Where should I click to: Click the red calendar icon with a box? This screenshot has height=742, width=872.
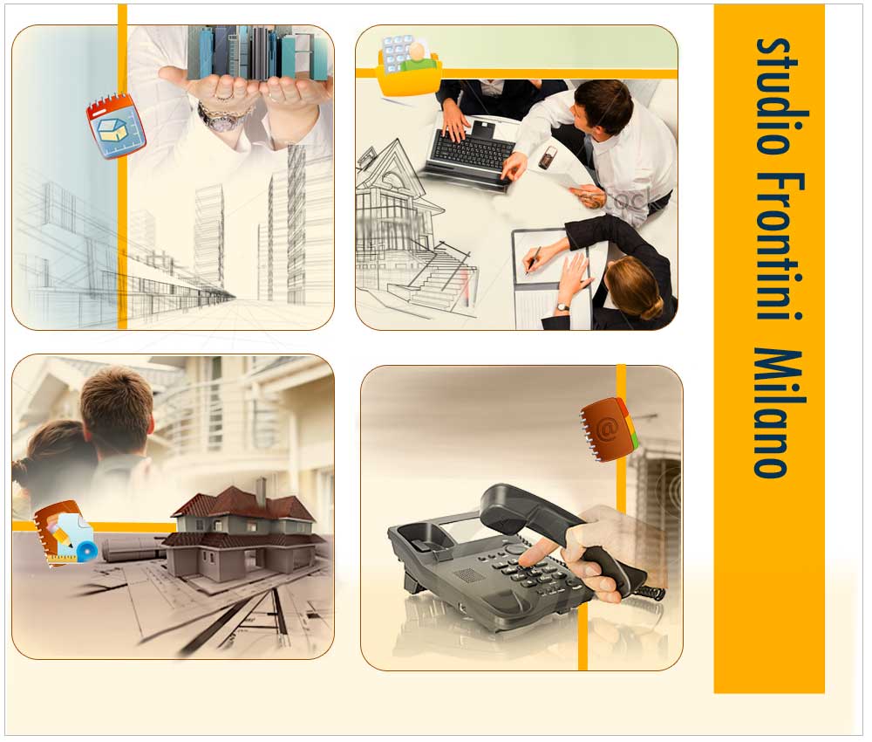[115, 126]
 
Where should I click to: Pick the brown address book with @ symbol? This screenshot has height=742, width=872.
[609, 429]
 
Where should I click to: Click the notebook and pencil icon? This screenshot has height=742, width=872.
[63, 535]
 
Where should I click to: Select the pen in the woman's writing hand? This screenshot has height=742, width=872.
[532, 260]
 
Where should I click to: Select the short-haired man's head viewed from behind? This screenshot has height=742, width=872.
[117, 409]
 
